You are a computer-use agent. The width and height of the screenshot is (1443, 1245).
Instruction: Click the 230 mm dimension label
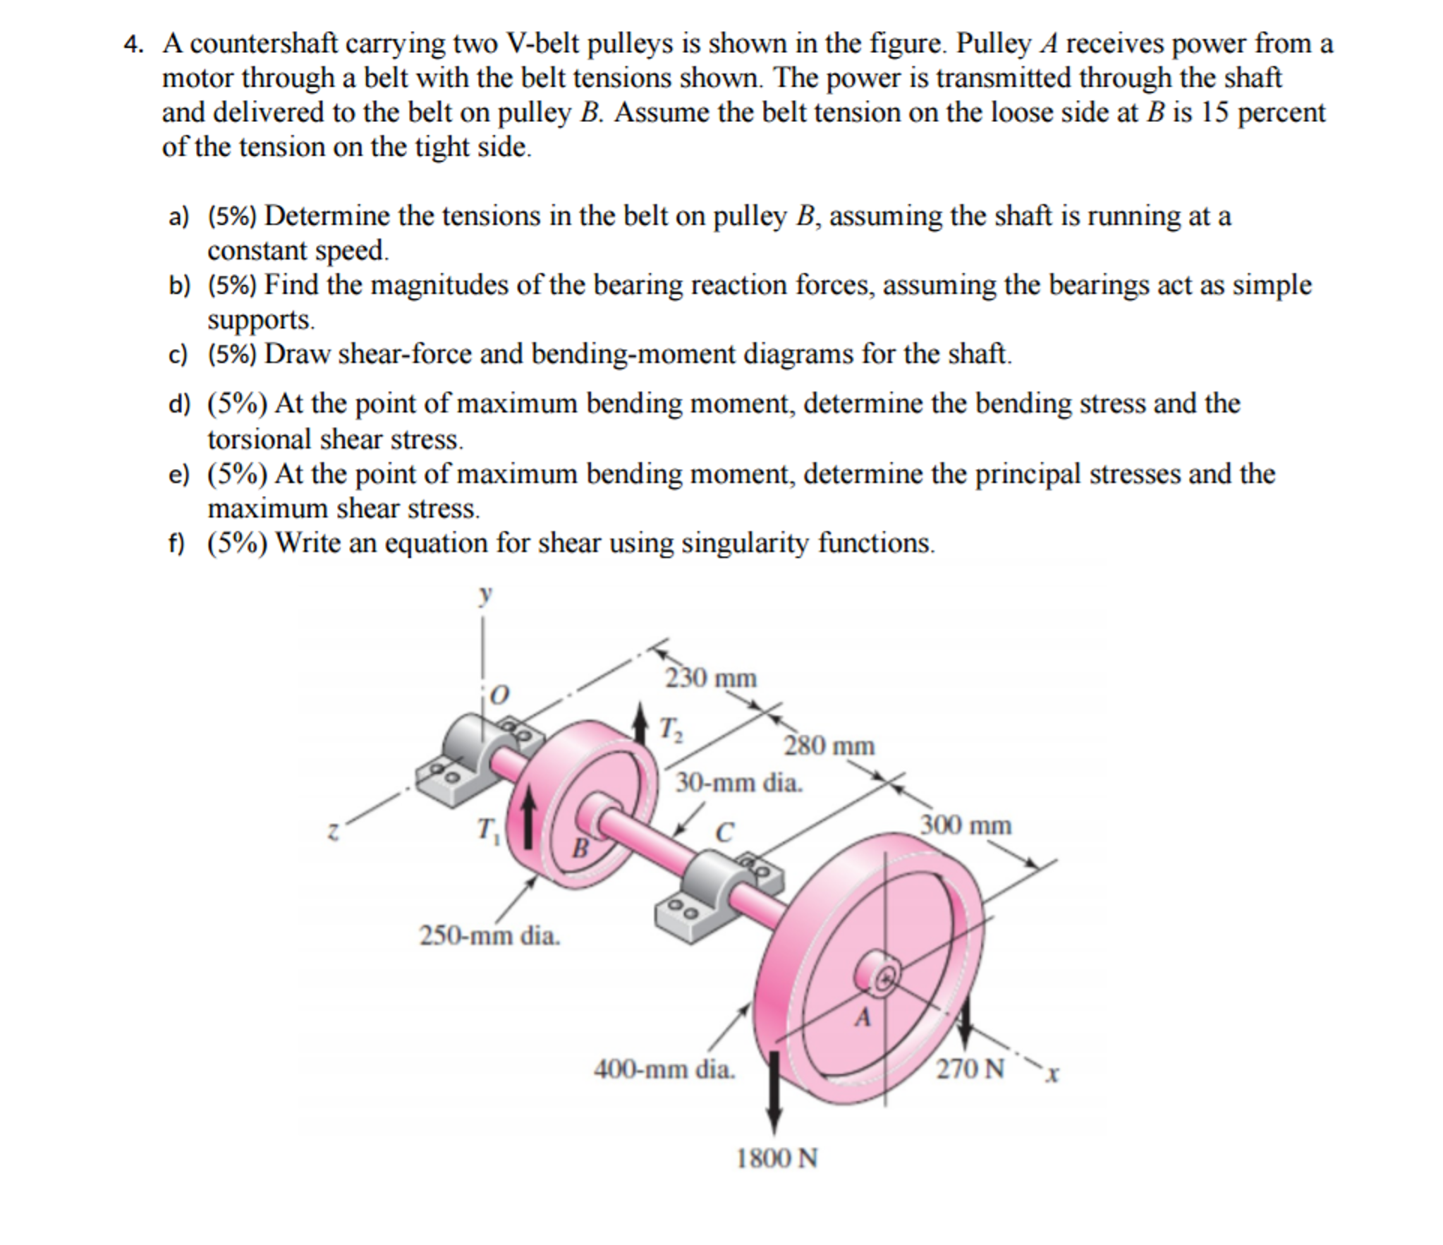tap(710, 678)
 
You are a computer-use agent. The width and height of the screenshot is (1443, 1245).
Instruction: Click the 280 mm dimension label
tap(829, 745)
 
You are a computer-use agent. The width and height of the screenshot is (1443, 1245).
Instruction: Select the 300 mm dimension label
tap(966, 825)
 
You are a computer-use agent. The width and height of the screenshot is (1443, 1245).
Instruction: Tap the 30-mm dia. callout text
tap(739, 782)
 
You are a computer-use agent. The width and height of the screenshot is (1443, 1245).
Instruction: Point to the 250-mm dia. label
tap(489, 935)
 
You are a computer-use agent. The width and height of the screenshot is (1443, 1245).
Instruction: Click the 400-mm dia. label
tap(664, 1069)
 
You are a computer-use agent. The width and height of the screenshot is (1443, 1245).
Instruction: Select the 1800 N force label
tap(777, 1158)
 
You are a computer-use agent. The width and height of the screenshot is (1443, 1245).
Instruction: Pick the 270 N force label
tap(970, 1069)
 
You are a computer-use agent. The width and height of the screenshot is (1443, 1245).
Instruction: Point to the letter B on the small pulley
tap(579, 847)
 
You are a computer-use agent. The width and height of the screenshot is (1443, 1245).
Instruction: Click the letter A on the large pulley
tap(863, 1017)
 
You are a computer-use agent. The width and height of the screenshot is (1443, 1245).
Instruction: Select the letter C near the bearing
tap(724, 832)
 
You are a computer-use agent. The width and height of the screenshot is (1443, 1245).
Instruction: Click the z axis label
tap(334, 832)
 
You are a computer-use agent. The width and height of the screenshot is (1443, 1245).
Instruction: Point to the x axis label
tap(1052, 1074)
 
